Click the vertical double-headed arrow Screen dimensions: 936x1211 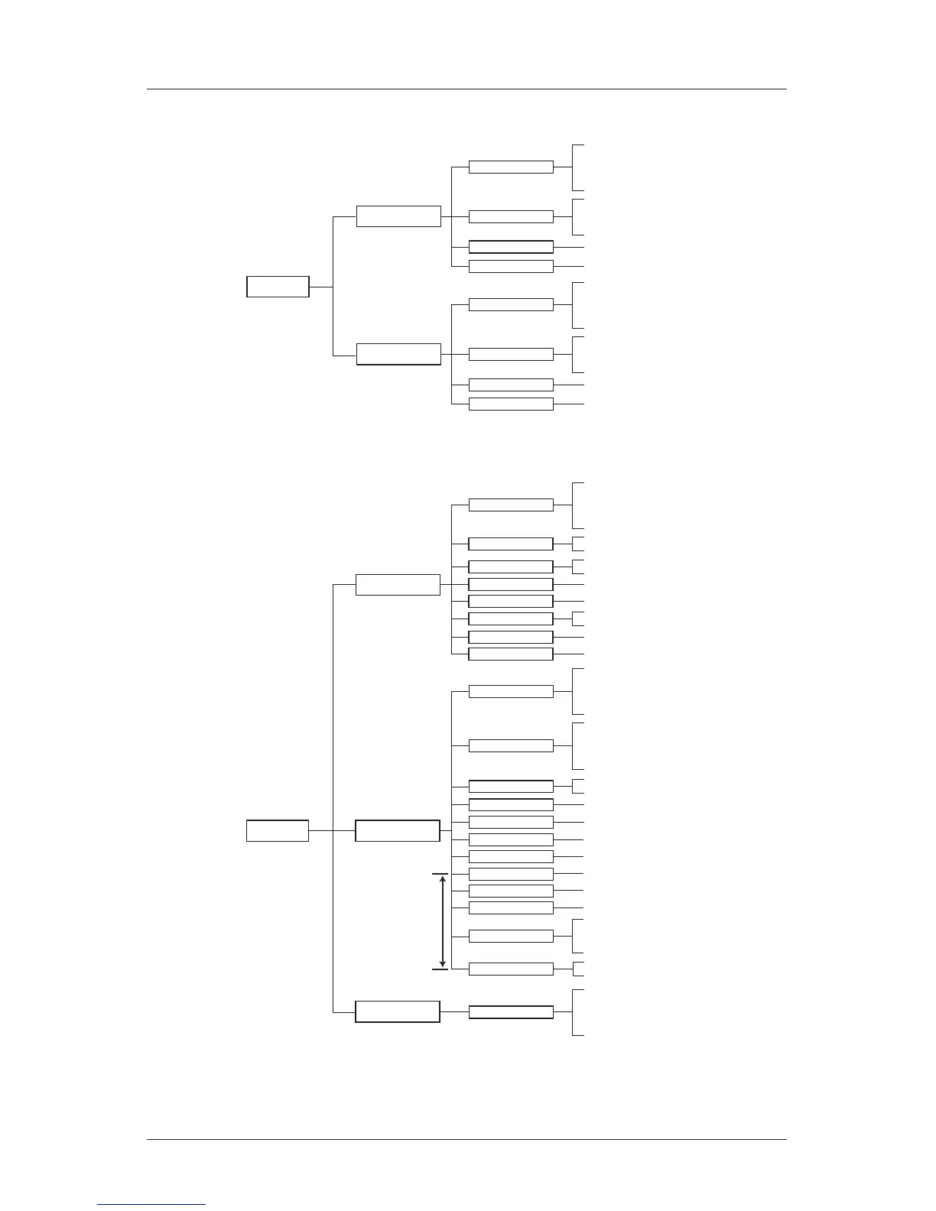[443, 921]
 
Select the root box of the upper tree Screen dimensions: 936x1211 [278, 287]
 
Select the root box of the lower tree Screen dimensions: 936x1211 [278, 830]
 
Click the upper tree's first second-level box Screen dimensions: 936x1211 [398, 216]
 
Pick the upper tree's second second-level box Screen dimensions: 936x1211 [398, 354]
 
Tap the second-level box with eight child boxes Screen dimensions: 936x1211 [398, 584]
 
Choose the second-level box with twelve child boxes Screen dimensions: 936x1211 [398, 830]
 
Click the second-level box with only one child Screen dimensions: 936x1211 [398, 1011]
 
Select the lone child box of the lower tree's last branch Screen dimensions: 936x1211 [511, 1012]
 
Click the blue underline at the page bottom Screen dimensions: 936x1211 [151, 1204]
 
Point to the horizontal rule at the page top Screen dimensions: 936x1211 [466, 89]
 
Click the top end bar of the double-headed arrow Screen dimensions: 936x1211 [440, 873]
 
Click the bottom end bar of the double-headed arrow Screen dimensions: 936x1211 [440, 969]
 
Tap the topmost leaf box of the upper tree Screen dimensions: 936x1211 [511, 167]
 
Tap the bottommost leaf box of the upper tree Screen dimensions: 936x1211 [511, 404]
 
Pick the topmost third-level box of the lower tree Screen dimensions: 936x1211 [511, 505]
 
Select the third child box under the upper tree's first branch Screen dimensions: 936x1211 [511, 247]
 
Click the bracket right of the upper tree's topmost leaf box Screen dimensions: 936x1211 [574, 167]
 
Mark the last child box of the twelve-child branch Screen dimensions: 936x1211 [511, 969]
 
